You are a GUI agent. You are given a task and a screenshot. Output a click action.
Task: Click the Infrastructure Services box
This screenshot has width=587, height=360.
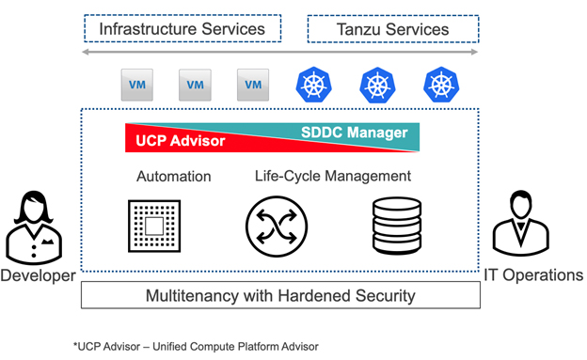point(182,29)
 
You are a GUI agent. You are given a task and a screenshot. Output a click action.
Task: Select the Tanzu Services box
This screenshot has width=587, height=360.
point(392,29)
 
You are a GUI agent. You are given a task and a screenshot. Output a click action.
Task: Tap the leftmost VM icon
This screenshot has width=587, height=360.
point(136,85)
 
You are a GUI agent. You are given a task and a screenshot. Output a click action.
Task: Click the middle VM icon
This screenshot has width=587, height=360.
point(194,85)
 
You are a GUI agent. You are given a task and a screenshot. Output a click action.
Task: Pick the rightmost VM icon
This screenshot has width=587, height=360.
point(252,85)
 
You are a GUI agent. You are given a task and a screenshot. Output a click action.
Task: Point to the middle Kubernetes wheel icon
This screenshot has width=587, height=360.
point(376,84)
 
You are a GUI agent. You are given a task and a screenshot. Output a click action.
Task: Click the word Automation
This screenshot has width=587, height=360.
point(174,177)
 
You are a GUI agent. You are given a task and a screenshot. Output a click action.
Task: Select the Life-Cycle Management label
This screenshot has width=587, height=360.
point(333,176)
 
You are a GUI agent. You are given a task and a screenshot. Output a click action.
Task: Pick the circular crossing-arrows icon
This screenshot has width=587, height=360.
point(277,226)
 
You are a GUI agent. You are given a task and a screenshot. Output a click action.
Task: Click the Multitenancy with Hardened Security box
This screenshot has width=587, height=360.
point(280,296)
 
